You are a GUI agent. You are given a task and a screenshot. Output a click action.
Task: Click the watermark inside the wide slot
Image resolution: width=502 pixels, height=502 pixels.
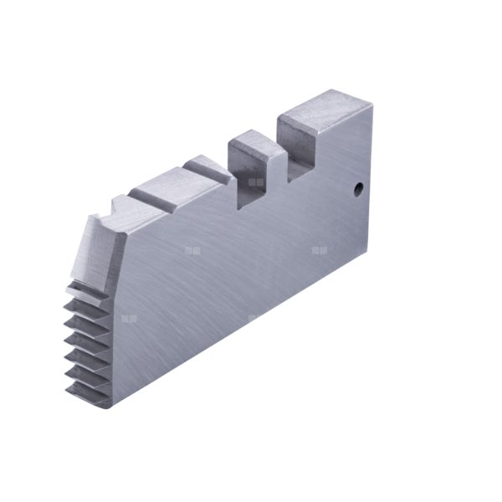click(256, 182)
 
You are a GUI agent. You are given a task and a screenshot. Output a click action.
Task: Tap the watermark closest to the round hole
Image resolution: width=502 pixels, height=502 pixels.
click(320, 249)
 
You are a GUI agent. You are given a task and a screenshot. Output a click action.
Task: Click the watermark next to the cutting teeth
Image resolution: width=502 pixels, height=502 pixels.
click(128, 318)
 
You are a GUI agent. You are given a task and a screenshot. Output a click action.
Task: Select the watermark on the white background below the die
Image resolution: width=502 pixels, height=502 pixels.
click(254, 317)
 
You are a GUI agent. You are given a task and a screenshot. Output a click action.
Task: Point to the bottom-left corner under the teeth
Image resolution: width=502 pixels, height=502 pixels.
click(110, 407)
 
